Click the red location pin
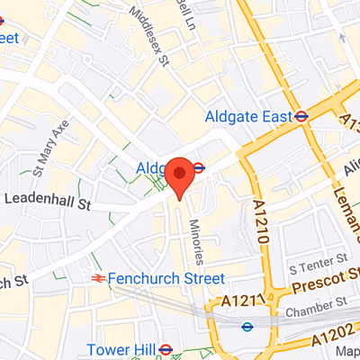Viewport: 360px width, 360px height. [x=179, y=175]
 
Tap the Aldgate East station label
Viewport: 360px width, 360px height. [x=248, y=116]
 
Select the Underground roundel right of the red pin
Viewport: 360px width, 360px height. [x=199, y=166]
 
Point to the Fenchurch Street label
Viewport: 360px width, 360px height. [x=166, y=279]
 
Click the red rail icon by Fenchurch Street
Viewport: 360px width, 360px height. [x=97, y=279]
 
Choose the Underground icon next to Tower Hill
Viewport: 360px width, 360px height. [x=165, y=349]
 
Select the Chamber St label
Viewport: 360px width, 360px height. [x=316, y=311]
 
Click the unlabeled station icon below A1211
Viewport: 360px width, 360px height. [x=247, y=327]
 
